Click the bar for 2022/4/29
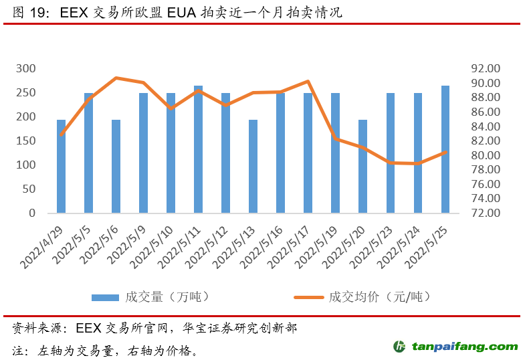(62, 167)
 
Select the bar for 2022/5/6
(116, 167)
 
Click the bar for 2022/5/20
(362, 167)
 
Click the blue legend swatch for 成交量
(104, 296)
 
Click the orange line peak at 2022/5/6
(116, 78)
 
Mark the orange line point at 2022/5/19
(336, 139)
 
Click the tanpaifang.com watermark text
(465, 347)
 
